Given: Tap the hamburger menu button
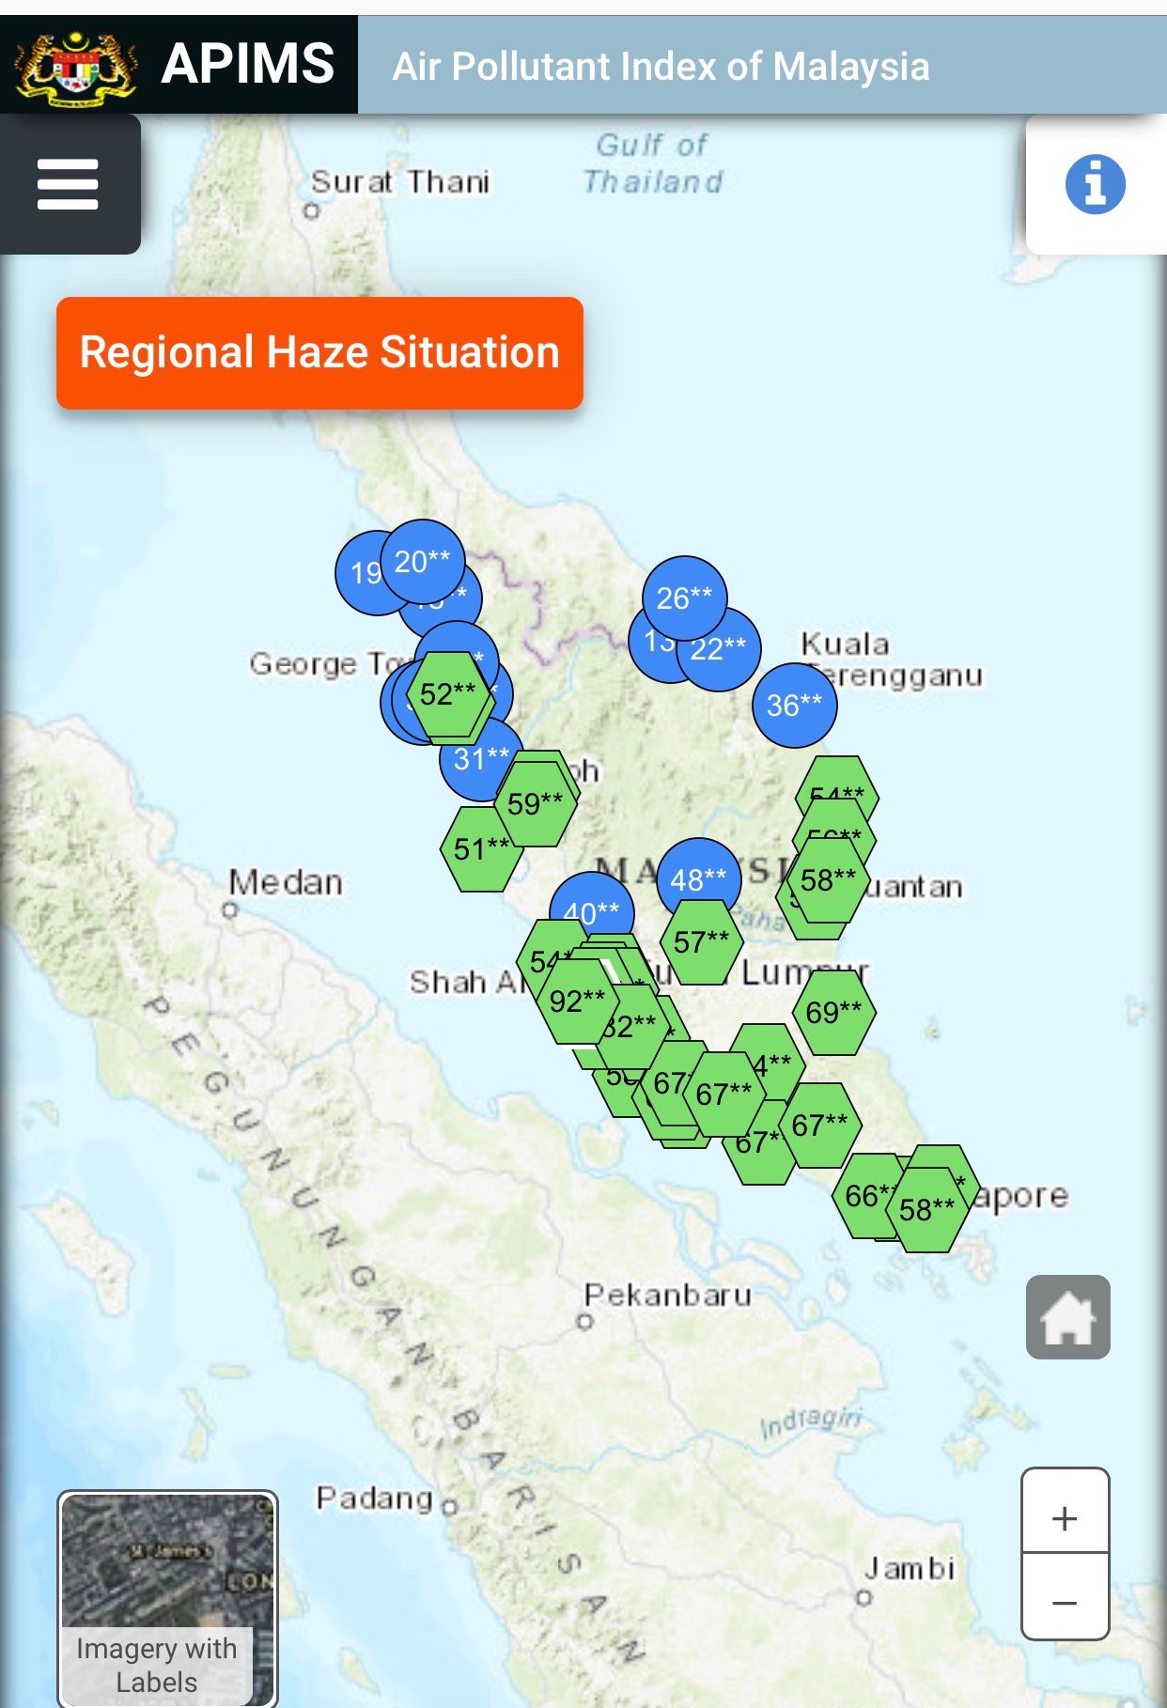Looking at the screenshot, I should (x=68, y=184).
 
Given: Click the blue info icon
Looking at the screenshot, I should (x=1095, y=184).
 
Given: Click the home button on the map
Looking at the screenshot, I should (x=1067, y=1317).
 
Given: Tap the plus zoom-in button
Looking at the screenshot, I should (x=1065, y=1518).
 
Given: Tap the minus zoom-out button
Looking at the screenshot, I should (x=1065, y=1602).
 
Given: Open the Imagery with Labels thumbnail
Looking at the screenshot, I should (x=167, y=1598).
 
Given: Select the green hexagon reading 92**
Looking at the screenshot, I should (x=577, y=1002).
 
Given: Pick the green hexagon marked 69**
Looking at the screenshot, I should (x=833, y=1013).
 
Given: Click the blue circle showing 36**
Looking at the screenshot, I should (x=794, y=706).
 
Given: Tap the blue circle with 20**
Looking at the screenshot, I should (x=422, y=561).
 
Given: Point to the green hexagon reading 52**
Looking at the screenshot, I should (x=448, y=694).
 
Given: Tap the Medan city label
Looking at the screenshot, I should (x=286, y=883).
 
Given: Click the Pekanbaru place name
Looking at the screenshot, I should (x=668, y=1296).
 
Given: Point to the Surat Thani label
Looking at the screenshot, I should (x=400, y=181).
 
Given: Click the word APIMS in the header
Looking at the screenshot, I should (x=248, y=65).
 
